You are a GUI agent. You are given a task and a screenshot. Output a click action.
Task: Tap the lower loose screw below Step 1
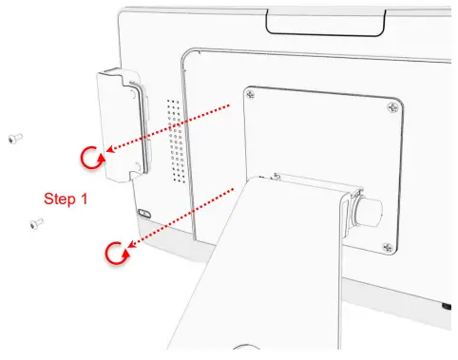click(x=35, y=223)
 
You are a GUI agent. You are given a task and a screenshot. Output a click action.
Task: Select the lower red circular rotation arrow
click(x=116, y=253)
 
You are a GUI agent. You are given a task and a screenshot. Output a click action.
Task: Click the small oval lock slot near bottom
click(x=143, y=212)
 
